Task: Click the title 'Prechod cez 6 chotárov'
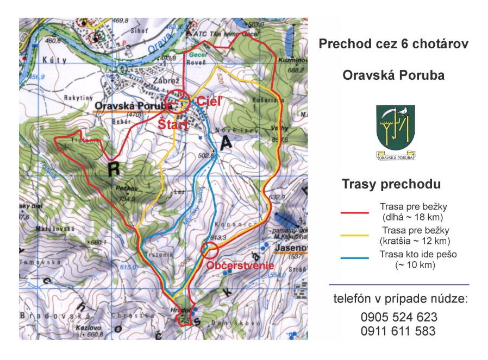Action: [x=393, y=44]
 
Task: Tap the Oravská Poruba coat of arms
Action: [x=395, y=131]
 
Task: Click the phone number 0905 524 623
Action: [x=398, y=317]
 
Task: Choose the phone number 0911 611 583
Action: [x=398, y=331]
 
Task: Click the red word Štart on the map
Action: [x=173, y=125]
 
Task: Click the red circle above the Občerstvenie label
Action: [x=209, y=250]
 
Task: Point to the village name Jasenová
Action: [x=291, y=248]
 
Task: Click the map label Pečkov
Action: [x=124, y=188]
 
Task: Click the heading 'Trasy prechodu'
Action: [x=391, y=184]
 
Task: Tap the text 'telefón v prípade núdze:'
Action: [x=399, y=298]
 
